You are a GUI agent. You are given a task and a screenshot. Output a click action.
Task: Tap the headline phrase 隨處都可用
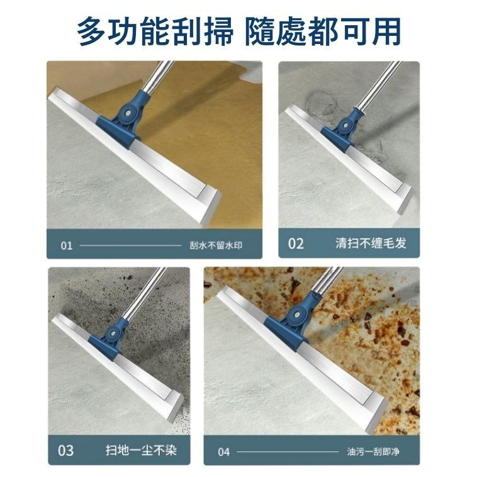pos(322,30)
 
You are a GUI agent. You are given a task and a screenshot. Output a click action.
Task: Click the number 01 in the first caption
pos(67,245)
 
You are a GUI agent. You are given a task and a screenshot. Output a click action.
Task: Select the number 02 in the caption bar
pos(296,244)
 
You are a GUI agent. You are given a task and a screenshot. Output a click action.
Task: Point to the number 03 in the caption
pos(65,450)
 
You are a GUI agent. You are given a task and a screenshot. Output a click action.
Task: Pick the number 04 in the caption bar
pos(224,452)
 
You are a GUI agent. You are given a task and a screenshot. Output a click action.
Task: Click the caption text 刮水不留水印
pos(215,245)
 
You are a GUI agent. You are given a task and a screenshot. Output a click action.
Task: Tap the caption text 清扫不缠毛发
pos(371,244)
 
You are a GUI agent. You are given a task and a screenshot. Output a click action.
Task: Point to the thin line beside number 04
pos(287,452)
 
